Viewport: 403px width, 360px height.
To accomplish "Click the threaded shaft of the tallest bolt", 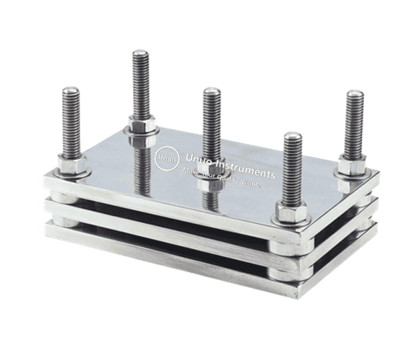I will point(140,83).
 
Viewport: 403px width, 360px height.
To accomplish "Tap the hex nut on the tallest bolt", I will point(142,127).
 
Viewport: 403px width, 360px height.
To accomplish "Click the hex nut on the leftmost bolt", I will point(73,166).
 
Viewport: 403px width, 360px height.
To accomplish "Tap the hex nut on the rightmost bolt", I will point(353,166).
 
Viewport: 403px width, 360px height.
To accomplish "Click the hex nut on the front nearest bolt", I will point(293,213).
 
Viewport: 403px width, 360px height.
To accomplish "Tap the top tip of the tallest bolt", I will point(140,51).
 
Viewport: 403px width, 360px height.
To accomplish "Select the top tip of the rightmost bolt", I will point(354,93).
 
